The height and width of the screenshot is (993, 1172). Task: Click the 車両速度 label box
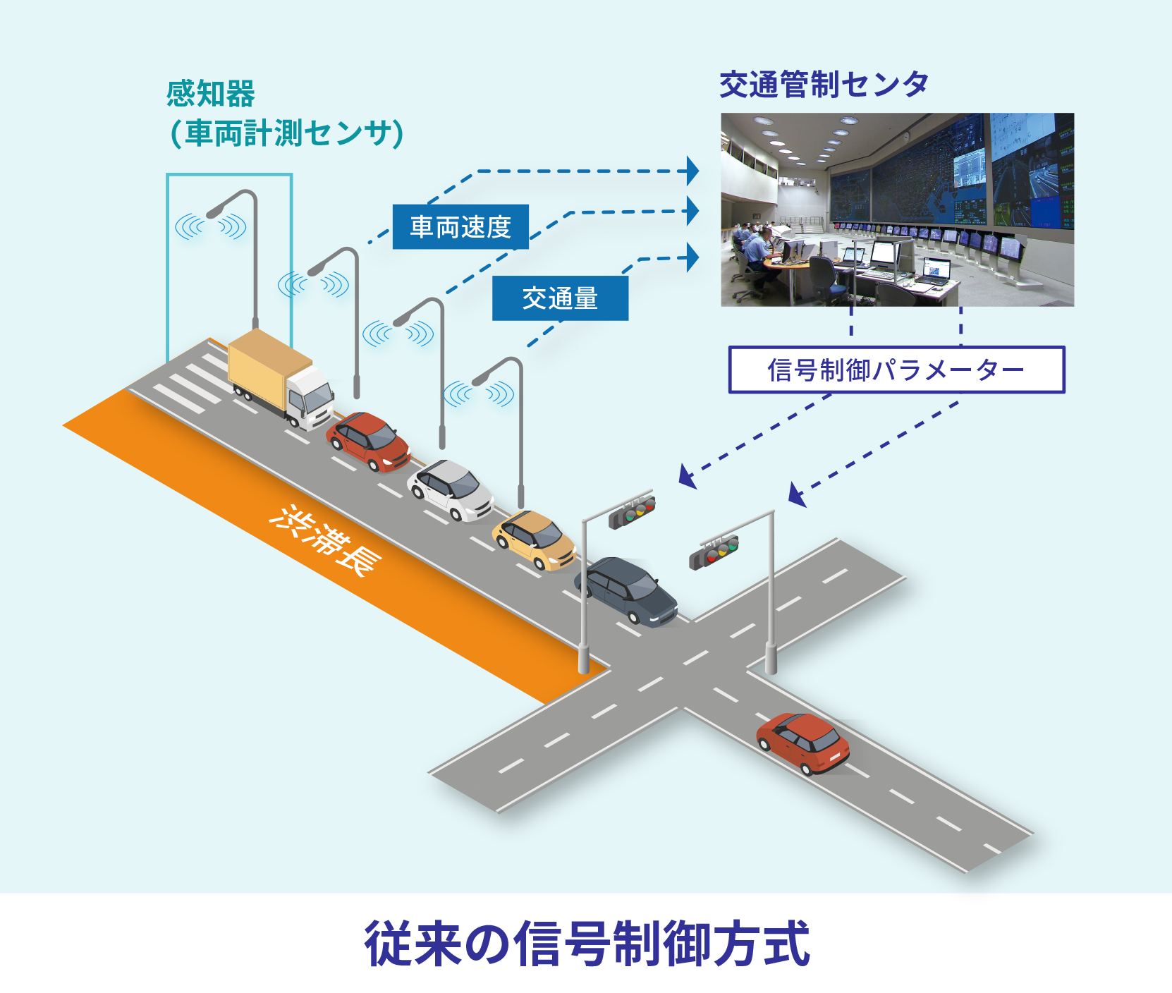[460, 227]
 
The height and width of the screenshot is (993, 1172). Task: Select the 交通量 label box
[560, 298]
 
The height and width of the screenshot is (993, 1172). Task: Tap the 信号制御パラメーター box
[896, 370]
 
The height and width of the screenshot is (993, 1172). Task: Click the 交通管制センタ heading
[824, 85]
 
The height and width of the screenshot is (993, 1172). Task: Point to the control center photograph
[897, 209]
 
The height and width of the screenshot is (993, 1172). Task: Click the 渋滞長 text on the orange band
[326, 540]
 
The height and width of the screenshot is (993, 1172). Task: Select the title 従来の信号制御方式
[587, 943]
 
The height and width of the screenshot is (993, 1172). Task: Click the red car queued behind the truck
[368, 442]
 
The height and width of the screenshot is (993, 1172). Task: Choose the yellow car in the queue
[534, 540]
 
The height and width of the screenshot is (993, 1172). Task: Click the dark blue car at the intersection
[626, 591]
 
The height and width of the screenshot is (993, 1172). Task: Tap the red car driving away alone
[802, 743]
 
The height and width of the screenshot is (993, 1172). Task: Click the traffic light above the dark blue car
[632, 512]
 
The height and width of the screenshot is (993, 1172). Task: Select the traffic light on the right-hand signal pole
[714, 552]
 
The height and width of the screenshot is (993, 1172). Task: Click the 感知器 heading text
[211, 94]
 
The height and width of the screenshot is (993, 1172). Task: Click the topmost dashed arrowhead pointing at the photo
[693, 171]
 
